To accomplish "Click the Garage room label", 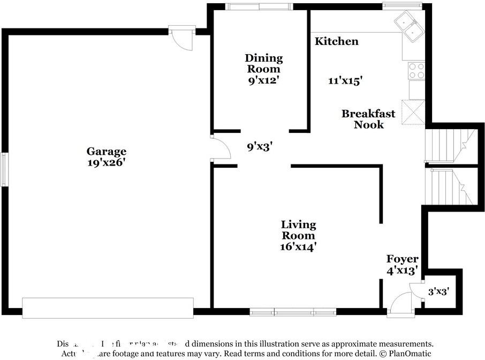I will pyautogui.click(x=107, y=152).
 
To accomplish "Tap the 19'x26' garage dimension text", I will pyautogui.click(x=107, y=163).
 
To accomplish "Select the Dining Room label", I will pyautogui.click(x=263, y=63).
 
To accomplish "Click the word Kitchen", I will pyautogui.click(x=336, y=41).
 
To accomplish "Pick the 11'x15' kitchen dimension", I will pyautogui.click(x=345, y=81).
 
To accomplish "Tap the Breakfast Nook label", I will pyautogui.click(x=368, y=119).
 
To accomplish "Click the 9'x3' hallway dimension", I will pyautogui.click(x=260, y=146).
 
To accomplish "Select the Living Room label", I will pyautogui.click(x=299, y=230).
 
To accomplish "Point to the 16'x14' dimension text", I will pyautogui.click(x=299, y=246).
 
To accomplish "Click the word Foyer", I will pyautogui.click(x=403, y=259).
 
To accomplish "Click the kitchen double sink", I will pyautogui.click(x=409, y=28).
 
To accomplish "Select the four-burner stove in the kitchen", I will pyautogui.click(x=416, y=71).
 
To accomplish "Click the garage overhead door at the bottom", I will pyautogui.click(x=107, y=309).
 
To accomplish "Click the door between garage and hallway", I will pyautogui.click(x=220, y=147).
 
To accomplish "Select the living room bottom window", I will pyautogui.click(x=293, y=312).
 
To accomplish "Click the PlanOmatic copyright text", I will pyautogui.click(x=407, y=354).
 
